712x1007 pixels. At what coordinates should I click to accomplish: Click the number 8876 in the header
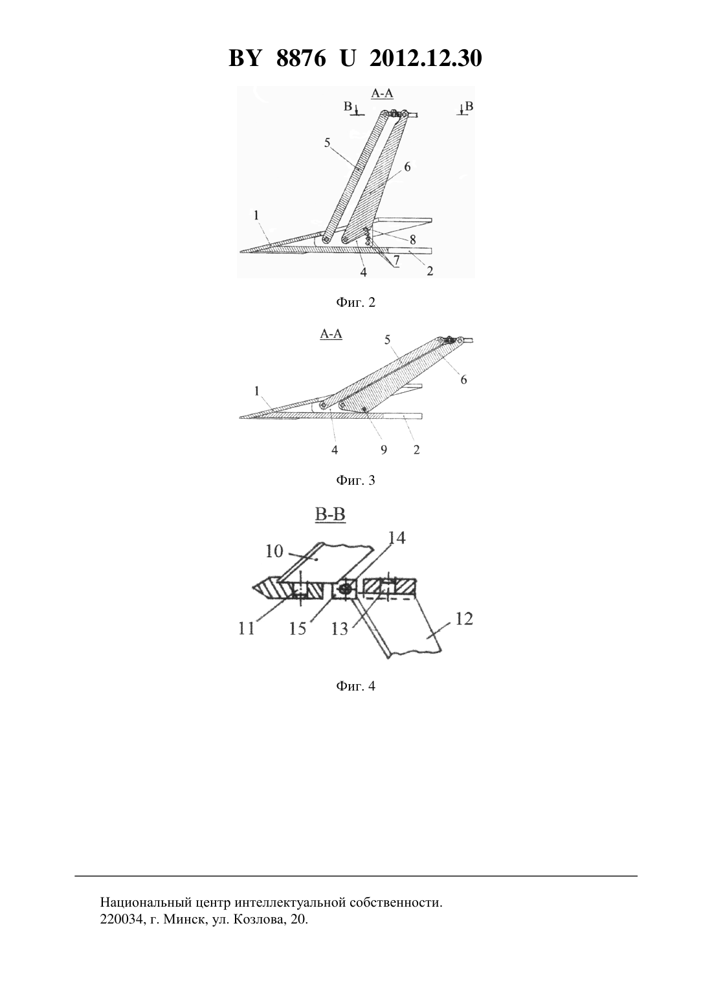coord(301,58)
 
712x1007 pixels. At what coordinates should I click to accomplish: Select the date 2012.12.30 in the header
coord(426,58)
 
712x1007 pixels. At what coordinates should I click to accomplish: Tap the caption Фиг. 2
coord(355,302)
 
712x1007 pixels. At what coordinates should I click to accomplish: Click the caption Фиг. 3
coord(355,481)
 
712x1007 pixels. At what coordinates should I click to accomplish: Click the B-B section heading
coord(330,515)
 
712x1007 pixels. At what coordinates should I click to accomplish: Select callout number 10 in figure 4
coord(274,551)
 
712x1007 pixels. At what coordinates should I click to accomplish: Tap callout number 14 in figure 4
coord(397,538)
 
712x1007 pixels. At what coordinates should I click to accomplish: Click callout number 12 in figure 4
coord(464,619)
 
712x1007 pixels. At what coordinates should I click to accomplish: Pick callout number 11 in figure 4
coord(247,628)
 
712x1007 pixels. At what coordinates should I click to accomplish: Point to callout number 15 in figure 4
coord(298,628)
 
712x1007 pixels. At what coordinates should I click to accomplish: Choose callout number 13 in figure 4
coord(340,629)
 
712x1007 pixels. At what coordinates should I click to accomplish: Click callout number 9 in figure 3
coord(384,450)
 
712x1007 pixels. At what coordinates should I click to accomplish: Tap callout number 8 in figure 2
coord(413,239)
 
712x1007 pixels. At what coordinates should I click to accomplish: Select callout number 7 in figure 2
coord(396,260)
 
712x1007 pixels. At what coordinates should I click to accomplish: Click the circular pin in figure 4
coord(345,590)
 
